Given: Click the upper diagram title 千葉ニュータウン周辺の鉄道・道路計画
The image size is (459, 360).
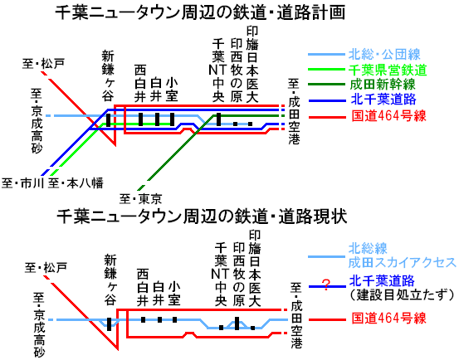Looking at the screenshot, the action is [200, 13].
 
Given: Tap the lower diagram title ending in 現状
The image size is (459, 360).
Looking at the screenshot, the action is [202, 216].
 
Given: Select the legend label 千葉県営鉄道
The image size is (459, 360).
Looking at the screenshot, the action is [388, 70].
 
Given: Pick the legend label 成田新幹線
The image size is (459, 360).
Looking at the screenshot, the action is [383, 85].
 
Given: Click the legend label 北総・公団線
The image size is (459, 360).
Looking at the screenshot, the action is [384, 55].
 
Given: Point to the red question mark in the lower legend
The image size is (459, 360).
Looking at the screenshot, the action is [326, 285].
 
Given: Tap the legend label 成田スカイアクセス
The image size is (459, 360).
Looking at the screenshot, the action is [402, 263].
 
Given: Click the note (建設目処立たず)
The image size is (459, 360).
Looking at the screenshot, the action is [403, 294].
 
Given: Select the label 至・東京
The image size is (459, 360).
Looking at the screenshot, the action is [141, 199].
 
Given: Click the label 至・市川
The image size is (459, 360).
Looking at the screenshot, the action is [22, 183].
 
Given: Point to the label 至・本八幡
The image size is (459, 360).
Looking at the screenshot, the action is [76, 183].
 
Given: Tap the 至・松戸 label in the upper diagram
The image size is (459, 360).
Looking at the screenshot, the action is [43, 64].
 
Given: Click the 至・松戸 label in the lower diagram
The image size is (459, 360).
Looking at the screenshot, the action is [46, 267].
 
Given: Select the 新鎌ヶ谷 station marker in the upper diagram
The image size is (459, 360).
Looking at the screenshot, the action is [108, 120].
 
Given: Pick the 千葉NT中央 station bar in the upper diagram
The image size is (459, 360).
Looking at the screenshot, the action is [218, 119].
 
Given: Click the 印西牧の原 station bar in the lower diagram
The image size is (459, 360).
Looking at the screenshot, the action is [237, 324].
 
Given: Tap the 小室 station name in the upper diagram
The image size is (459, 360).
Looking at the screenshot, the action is [172, 90].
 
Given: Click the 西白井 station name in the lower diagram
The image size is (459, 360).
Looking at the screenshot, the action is [143, 288].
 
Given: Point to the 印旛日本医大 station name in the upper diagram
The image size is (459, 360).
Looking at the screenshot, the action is [252, 65].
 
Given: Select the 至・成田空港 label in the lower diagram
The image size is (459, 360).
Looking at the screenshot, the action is [296, 315].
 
